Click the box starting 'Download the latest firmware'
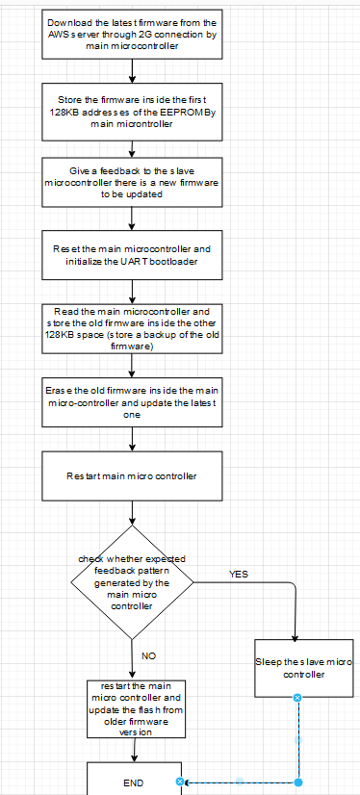132,35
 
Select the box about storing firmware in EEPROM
132,111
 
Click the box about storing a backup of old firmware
132,330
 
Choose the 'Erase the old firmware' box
132,402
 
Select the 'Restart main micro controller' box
132,475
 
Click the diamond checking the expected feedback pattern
132,581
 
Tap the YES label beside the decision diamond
238,574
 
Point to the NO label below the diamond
148,655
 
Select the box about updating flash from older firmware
132,708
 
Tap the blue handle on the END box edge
180,782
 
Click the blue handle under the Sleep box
297,697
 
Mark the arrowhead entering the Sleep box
295,636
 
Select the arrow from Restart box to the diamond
132,512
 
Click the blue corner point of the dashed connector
297,782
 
